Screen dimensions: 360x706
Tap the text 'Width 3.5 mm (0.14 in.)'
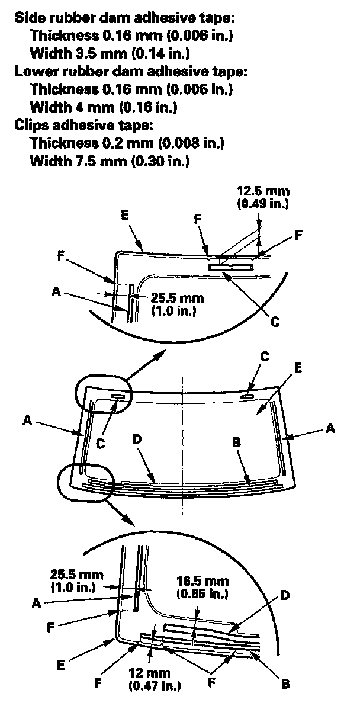click(x=109, y=54)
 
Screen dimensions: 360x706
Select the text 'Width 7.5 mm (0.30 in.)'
click(x=109, y=161)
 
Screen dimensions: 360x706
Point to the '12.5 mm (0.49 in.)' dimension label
click(x=262, y=198)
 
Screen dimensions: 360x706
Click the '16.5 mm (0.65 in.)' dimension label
click(x=202, y=586)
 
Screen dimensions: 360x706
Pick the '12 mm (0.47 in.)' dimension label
click(x=155, y=679)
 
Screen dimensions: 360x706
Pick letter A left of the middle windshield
click(x=27, y=420)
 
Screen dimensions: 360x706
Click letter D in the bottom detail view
click(x=285, y=596)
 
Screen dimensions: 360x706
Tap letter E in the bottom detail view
click(x=61, y=665)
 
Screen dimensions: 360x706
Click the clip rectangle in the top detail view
click(x=232, y=268)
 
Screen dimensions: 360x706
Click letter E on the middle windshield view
click(x=298, y=368)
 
